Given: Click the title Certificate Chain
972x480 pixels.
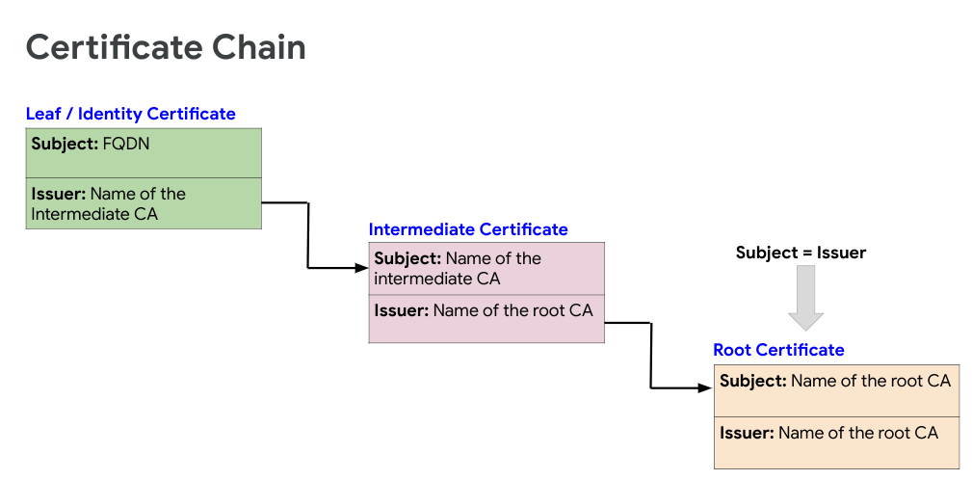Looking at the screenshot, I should (x=166, y=46).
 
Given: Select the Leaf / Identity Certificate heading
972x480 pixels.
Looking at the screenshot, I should (x=130, y=114).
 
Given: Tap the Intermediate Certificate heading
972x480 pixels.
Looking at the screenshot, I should (x=468, y=229).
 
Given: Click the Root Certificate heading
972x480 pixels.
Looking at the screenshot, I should (x=778, y=350).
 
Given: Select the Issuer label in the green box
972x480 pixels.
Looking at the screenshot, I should (x=57, y=194).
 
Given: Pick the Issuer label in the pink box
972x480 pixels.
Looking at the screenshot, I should (x=401, y=310).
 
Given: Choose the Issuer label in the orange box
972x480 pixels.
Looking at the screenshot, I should (x=747, y=433).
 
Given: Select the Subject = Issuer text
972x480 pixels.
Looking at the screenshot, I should (x=801, y=253).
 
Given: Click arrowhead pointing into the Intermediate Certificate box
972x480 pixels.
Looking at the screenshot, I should (x=361, y=268).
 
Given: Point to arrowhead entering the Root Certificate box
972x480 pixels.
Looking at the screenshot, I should (x=706, y=387).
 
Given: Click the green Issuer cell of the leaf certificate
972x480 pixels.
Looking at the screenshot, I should (x=144, y=203).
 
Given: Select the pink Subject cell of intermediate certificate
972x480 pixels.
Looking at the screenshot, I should (x=486, y=269).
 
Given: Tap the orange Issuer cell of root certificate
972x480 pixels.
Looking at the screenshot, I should (x=836, y=442).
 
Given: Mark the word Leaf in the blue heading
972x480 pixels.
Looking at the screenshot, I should (x=43, y=114).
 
